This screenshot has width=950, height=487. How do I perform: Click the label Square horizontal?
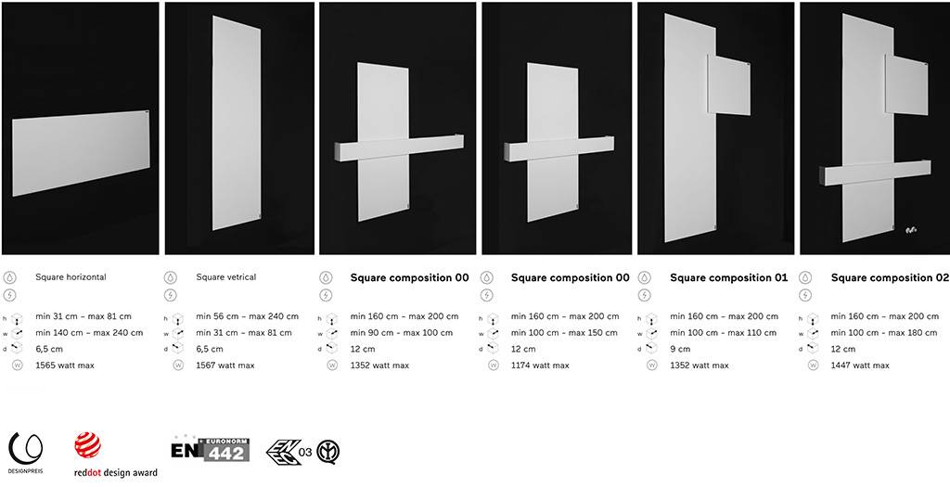click(71, 276)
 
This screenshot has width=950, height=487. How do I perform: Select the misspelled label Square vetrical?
click(226, 276)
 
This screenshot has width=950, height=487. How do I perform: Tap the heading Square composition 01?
click(729, 277)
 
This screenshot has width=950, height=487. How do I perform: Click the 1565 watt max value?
click(65, 365)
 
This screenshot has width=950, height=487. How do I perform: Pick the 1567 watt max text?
click(225, 365)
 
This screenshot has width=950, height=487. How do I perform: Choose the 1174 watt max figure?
click(540, 365)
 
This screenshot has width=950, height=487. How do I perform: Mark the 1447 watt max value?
click(860, 365)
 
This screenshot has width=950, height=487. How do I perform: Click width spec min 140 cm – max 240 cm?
click(89, 332)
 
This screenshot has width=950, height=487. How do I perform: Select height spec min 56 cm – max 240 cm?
click(247, 316)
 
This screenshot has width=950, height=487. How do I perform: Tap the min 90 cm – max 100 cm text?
click(401, 332)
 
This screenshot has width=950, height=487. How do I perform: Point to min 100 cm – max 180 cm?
click(884, 332)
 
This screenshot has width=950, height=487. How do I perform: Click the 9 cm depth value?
click(680, 349)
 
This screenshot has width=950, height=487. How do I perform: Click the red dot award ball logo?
click(88, 445)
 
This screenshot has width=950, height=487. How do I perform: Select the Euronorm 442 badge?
click(211, 448)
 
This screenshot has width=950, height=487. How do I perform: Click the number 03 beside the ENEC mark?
click(305, 453)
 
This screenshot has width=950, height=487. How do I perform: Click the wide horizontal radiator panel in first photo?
click(81, 153)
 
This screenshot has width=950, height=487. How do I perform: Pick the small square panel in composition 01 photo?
click(729, 85)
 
